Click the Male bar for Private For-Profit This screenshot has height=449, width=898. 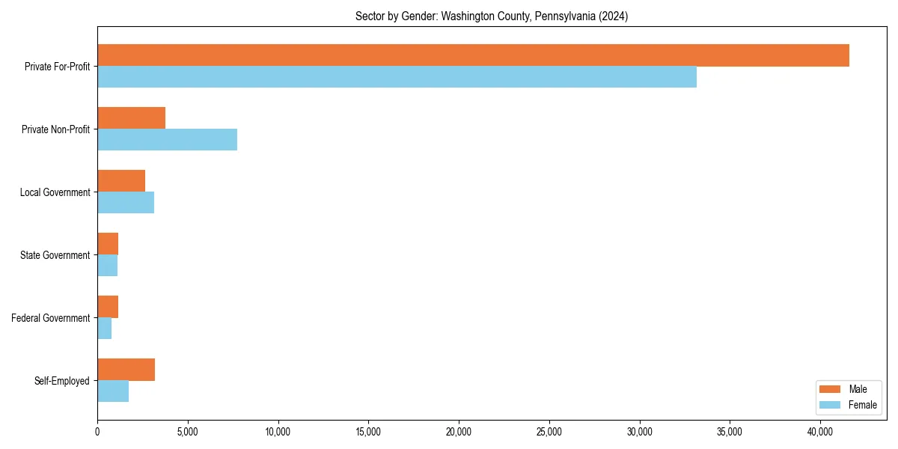click(x=473, y=55)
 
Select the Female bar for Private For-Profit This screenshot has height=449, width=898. click(x=397, y=77)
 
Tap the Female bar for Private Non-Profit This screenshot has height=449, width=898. click(x=167, y=140)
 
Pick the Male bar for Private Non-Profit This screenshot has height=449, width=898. click(x=131, y=118)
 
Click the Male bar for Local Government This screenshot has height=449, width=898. click(x=121, y=181)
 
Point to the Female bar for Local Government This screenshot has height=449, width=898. click(x=126, y=203)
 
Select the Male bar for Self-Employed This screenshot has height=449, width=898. click(x=126, y=370)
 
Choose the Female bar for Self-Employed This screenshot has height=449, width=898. click(x=113, y=391)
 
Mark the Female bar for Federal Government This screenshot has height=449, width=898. click(x=105, y=329)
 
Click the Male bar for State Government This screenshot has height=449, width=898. click(x=108, y=244)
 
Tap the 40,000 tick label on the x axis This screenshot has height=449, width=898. click(x=820, y=432)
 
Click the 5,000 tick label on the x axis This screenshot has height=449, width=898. click(x=188, y=432)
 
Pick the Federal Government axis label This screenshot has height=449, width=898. click(x=51, y=318)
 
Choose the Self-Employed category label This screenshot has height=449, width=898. click(x=62, y=381)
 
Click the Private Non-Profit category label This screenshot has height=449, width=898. click(x=56, y=129)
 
